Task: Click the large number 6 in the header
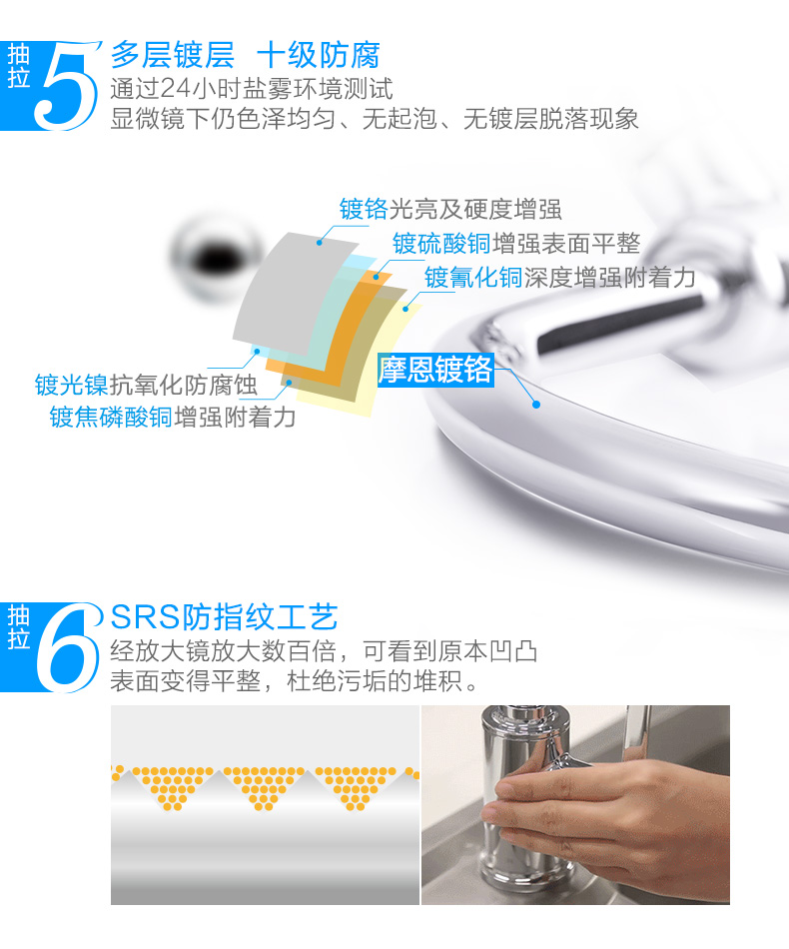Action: coord(67,647)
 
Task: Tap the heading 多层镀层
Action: coord(173,55)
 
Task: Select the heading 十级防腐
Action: coord(319,55)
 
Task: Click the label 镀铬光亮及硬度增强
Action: coord(450,210)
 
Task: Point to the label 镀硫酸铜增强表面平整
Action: coord(516,244)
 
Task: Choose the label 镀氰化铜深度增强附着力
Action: coord(559,277)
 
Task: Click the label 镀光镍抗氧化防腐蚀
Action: coord(146,385)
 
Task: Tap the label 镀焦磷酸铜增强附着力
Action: coord(173,417)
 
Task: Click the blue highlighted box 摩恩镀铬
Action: coord(435,370)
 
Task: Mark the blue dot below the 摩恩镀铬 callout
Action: coord(535,405)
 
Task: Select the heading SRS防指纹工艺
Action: coord(224,617)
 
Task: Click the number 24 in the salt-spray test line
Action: coord(176,89)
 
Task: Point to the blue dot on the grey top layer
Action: coord(320,242)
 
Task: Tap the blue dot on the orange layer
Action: coord(376,277)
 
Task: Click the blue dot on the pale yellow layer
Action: coord(406,309)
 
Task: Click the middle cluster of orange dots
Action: coord(264,788)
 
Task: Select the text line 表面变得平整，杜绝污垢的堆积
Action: coord(294,681)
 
